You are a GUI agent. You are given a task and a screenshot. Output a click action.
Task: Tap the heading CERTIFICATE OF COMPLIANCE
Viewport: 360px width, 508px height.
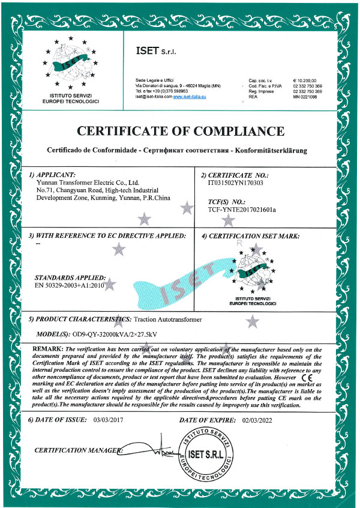179,131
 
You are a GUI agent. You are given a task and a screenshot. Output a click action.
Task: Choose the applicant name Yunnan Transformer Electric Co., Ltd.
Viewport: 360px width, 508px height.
88,182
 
